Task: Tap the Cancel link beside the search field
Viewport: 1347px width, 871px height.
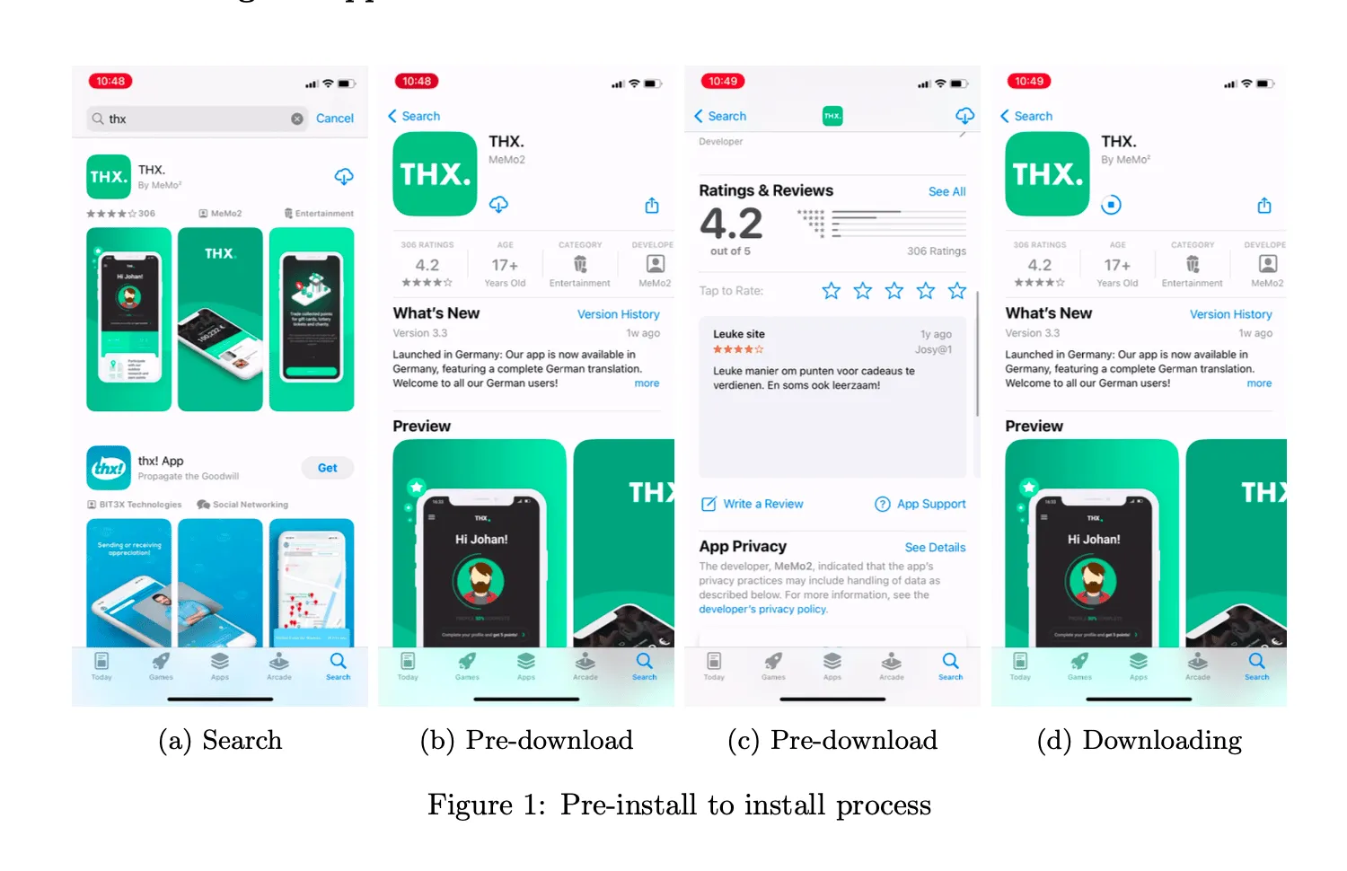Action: (x=334, y=119)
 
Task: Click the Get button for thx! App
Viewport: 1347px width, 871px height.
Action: (x=327, y=468)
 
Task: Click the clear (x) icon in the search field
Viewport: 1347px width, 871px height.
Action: (x=297, y=119)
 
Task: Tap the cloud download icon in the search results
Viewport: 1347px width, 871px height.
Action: (x=344, y=177)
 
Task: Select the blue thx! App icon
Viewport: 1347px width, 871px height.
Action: (x=109, y=468)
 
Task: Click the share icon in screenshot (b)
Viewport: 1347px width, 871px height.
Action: (x=652, y=206)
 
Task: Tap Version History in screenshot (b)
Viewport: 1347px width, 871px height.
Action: (x=618, y=314)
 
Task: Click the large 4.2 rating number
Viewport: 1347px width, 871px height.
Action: (x=731, y=223)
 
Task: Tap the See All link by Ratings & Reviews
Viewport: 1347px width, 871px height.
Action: (x=946, y=191)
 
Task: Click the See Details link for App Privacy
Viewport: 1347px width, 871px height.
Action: (x=935, y=547)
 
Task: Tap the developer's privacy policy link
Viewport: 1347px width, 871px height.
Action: (x=763, y=609)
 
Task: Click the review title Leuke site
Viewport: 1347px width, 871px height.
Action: (x=739, y=334)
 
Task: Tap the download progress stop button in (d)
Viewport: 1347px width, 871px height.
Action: (x=1111, y=205)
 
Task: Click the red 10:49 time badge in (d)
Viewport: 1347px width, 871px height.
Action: (x=1029, y=81)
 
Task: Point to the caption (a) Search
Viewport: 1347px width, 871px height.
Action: (x=220, y=740)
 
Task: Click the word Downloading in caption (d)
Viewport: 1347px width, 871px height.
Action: (x=1162, y=740)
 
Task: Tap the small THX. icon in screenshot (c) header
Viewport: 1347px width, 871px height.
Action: (x=832, y=116)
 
